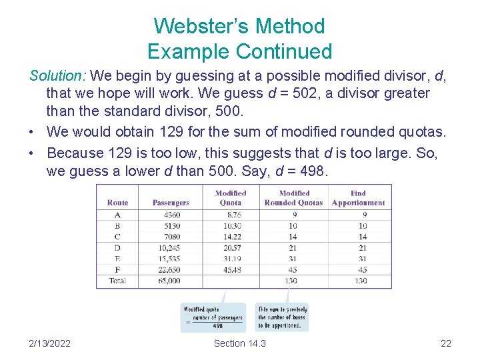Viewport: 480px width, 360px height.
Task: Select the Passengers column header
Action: pos(171,203)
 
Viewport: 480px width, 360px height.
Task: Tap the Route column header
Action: pos(117,203)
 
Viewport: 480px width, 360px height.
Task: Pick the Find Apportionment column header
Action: pos(358,198)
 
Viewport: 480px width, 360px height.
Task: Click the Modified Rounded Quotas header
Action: pos(293,198)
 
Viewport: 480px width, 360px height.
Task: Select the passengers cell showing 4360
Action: pos(171,215)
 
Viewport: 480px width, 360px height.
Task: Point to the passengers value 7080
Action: pos(171,237)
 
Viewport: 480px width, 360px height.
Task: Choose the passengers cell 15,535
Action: pos(171,259)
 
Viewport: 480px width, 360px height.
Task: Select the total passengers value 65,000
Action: pos(171,281)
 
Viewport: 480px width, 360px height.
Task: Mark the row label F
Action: pos(117,270)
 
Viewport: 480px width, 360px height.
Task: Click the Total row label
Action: pos(117,281)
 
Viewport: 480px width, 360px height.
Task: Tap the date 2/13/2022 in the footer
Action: pos(49,343)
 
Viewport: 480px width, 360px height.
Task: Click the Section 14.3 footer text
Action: pos(239,343)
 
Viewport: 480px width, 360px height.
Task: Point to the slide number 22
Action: pos(446,343)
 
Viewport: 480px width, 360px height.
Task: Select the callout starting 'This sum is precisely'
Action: pos(283,317)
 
